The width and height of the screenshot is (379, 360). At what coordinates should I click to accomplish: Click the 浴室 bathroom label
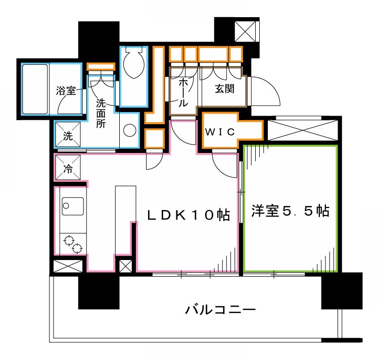coord(66,91)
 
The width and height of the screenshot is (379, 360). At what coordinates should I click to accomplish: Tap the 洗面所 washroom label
coord(101,113)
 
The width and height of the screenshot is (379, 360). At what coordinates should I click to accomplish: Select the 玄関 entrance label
coord(224,89)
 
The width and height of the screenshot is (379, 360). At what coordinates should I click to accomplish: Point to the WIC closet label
coord(220,132)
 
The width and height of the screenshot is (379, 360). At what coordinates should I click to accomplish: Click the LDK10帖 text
coord(188,215)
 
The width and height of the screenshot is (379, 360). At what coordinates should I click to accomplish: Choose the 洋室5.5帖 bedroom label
coord(290,211)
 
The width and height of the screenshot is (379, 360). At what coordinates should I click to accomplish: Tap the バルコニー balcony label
coord(220,310)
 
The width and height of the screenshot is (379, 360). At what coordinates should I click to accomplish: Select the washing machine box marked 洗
coord(68,134)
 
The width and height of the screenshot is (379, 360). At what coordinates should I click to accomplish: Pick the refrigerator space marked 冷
coord(68,167)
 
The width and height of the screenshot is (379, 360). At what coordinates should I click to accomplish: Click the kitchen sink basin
coord(73,207)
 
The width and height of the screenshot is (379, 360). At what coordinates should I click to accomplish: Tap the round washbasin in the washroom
coord(129,130)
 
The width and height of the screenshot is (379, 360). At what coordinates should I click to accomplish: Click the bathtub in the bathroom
coord(35,89)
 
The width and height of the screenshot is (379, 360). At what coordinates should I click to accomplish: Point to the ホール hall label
coord(183,93)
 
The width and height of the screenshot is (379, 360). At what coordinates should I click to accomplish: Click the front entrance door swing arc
coord(265,91)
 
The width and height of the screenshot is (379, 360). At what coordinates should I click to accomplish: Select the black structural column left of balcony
coord(99,293)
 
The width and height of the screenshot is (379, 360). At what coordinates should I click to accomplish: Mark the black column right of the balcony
coord(342,291)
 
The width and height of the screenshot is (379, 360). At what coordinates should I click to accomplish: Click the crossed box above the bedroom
coord(303,130)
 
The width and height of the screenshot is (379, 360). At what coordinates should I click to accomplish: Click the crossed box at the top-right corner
coord(245,31)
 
